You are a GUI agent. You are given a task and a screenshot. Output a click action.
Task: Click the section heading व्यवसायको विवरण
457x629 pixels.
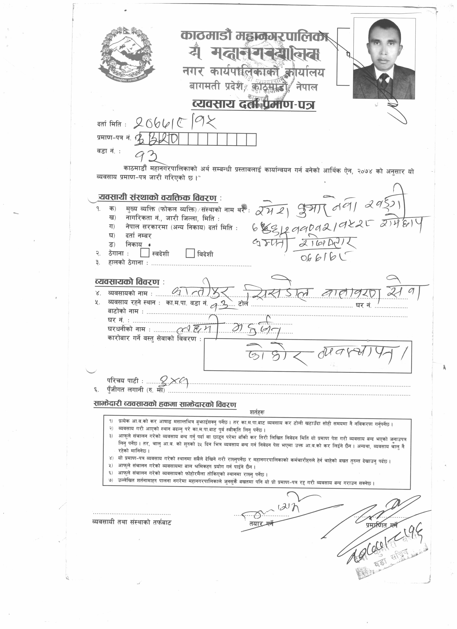point(127,282)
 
